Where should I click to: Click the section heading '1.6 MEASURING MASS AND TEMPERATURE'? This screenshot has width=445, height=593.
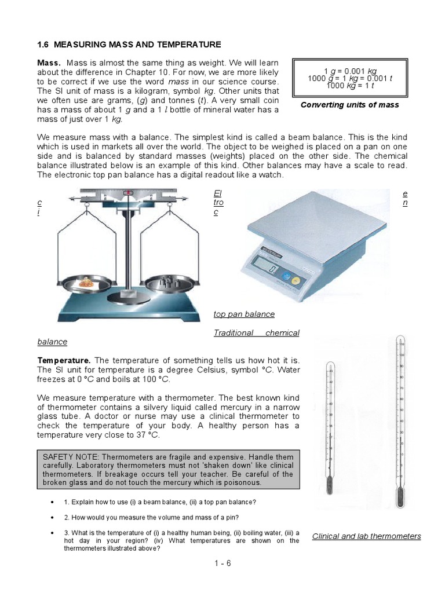tap(129, 45)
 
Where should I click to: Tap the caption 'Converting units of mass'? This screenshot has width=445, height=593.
tap(350, 105)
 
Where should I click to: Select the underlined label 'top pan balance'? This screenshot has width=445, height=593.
tap(244, 314)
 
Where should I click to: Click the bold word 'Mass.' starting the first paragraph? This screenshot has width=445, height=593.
tap(49, 63)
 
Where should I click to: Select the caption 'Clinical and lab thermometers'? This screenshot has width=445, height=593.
tap(366, 536)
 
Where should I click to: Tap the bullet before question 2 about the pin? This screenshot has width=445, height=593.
tap(53, 517)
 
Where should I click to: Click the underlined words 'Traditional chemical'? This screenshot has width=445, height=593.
tap(256, 333)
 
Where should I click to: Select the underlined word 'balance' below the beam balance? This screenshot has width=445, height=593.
tap(52, 342)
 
